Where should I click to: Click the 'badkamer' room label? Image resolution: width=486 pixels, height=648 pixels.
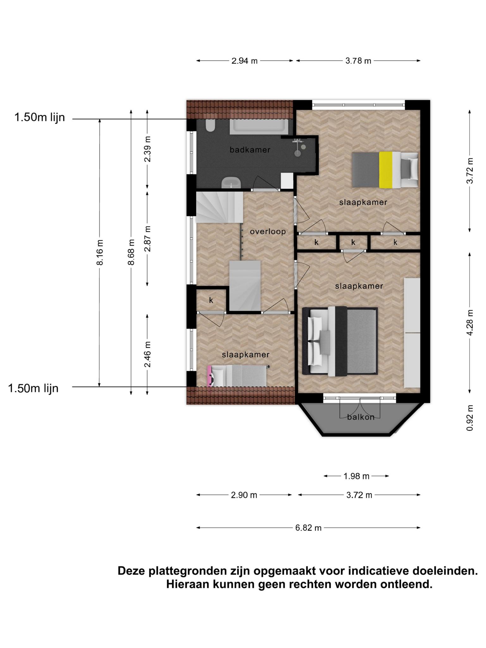250,150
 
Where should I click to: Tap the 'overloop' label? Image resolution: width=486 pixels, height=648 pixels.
268,232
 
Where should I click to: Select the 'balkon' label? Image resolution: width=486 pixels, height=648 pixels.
361,417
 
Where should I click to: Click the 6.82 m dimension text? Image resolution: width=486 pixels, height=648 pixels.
308,528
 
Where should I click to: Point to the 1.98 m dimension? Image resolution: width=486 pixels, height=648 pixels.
357,476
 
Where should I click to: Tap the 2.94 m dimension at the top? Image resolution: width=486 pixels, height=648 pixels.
245,61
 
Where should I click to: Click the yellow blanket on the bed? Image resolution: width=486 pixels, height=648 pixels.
386,170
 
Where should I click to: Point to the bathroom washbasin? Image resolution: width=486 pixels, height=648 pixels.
231,183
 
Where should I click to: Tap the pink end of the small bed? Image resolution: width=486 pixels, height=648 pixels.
209,376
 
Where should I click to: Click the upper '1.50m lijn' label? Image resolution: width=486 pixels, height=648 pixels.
40,117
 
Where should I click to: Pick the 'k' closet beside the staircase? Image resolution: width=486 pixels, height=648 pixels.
211,300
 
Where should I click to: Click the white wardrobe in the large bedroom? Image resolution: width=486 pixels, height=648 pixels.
412,333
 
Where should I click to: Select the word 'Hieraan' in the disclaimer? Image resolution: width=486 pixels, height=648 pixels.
187,584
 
